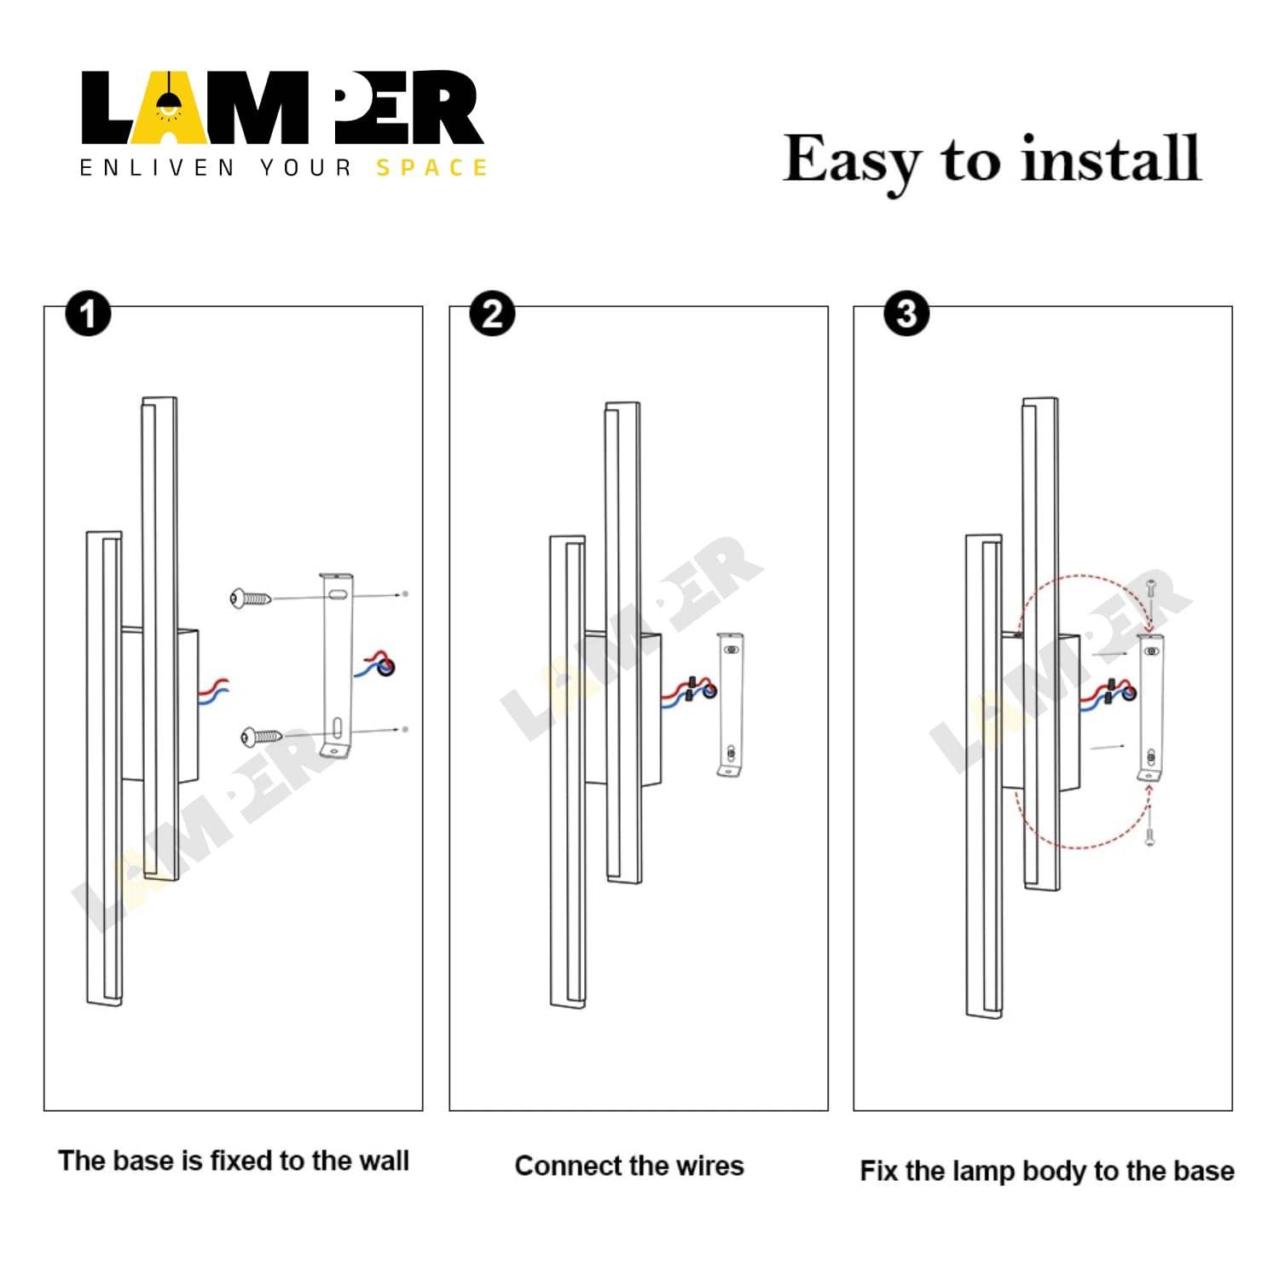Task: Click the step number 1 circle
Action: click(88, 314)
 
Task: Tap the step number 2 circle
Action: click(492, 314)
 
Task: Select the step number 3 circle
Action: click(906, 314)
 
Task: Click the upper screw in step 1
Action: click(250, 599)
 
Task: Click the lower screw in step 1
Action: click(261, 736)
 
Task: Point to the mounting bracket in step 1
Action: click(336, 665)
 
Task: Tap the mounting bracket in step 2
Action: click(730, 704)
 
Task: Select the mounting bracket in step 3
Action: click(1151, 708)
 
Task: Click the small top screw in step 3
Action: click(1150, 588)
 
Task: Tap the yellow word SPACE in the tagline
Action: click(431, 168)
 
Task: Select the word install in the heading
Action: click(1111, 159)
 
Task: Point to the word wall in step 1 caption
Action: click(384, 1160)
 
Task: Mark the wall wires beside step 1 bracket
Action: click(376, 664)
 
